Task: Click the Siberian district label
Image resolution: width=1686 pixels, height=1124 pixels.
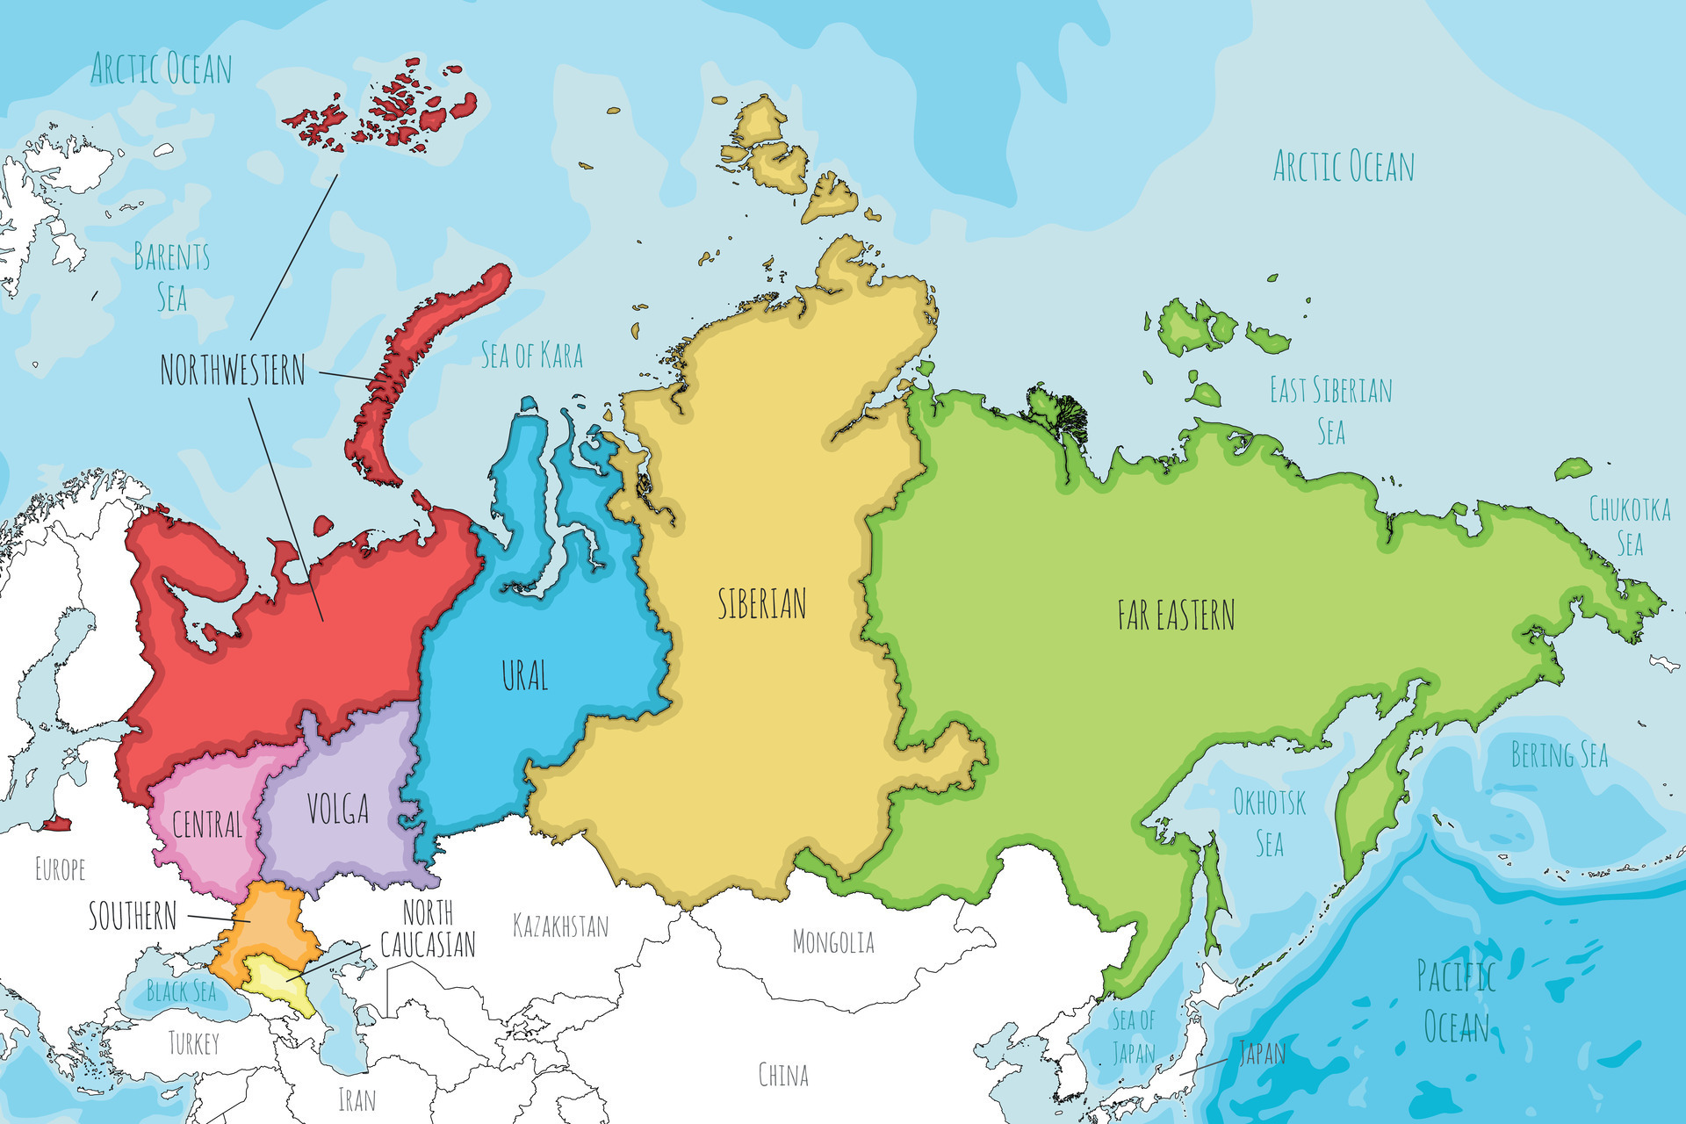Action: click(x=761, y=604)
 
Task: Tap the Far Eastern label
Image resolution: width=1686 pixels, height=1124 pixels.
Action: click(x=1176, y=615)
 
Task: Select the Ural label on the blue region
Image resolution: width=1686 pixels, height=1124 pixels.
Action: click(x=524, y=675)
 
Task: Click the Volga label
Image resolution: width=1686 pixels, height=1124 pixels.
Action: click(x=337, y=809)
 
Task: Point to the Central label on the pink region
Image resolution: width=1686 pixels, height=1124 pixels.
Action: click(x=206, y=824)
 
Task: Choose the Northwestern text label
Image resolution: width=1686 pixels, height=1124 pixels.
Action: click(x=233, y=371)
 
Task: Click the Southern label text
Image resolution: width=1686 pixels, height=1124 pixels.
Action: click(x=133, y=916)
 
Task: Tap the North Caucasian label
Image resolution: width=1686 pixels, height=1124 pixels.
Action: click(x=428, y=929)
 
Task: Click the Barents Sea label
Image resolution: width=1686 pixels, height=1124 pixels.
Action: click(x=171, y=277)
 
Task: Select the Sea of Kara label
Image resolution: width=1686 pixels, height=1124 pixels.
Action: click(x=531, y=356)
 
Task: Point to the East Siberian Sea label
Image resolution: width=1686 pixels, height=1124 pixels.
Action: click(x=1330, y=410)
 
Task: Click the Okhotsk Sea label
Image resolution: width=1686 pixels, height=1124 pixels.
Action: click(x=1269, y=823)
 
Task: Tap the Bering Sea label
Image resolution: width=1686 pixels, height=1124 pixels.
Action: click(x=1559, y=755)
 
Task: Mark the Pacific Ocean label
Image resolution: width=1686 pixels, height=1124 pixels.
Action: click(x=1456, y=1001)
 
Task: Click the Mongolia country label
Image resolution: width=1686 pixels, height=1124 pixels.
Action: click(x=833, y=942)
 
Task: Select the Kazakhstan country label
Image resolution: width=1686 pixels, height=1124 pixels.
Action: click(x=560, y=926)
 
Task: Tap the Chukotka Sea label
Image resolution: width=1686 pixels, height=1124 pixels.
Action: click(x=1630, y=525)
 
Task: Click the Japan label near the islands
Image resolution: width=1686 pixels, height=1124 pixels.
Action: click(x=1262, y=1052)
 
